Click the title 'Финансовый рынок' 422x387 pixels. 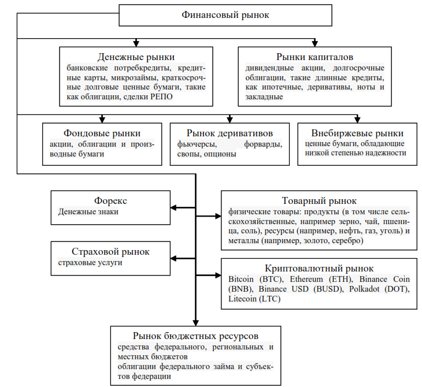pyautogui.click(x=225, y=15)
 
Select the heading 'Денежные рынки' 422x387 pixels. pyautogui.click(x=136, y=57)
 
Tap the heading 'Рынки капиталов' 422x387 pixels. pyautogui.click(x=314, y=57)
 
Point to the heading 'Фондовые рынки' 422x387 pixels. pyautogui.click(x=102, y=133)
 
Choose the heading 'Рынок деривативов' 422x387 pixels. pyautogui.click(x=229, y=133)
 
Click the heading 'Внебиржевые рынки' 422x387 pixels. pyautogui.click(x=357, y=133)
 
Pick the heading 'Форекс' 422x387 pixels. pyautogui.click(x=110, y=200)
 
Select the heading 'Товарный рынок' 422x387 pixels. pyautogui.click(x=319, y=200)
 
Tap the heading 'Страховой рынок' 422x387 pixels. pyautogui.click(x=110, y=251)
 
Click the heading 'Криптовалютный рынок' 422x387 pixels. pyautogui.click(x=319, y=269)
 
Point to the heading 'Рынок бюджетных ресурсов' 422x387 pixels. pyautogui.click(x=195, y=336)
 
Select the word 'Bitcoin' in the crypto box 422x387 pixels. pyautogui.click(x=241, y=279)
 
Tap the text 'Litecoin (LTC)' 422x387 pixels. pyautogui.click(x=254, y=299)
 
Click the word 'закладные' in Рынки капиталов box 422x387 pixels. pyautogui.click(x=264, y=96)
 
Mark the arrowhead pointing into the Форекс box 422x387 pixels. pyautogui.click(x=173, y=207)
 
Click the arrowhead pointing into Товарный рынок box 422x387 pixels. pyautogui.click(x=218, y=216)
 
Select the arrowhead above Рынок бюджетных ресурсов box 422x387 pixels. pyautogui.click(x=195, y=323)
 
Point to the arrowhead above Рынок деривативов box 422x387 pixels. pyautogui.click(x=229, y=120)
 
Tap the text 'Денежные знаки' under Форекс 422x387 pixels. pyautogui.click(x=88, y=211)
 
